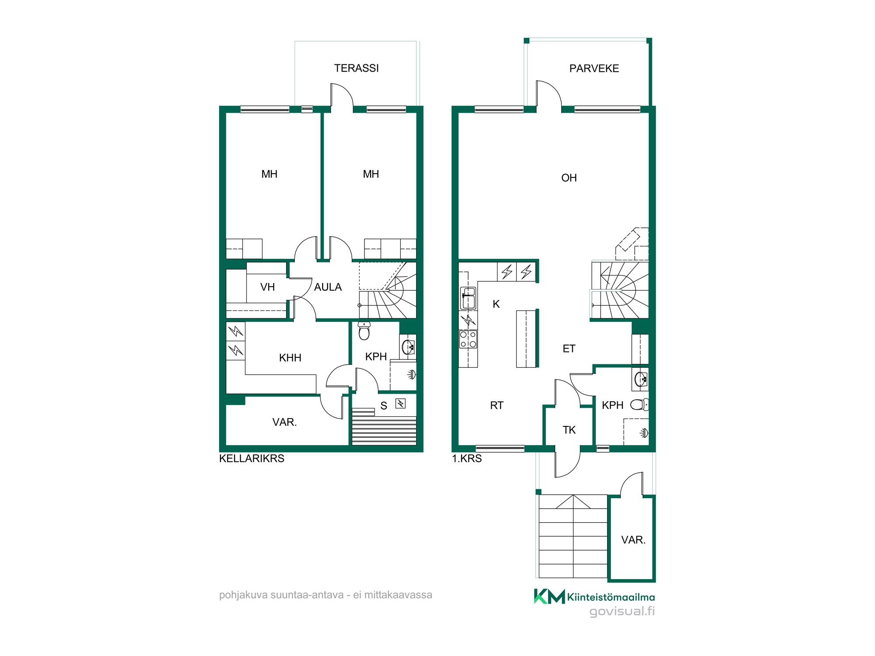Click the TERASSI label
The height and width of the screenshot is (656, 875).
[x=356, y=68]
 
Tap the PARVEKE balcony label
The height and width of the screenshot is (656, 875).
[x=594, y=69]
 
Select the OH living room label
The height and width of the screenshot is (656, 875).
[x=569, y=178]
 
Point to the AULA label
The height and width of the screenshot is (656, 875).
[x=328, y=287]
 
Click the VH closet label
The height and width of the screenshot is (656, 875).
[x=267, y=287]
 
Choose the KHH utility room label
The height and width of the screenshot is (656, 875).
[x=290, y=358]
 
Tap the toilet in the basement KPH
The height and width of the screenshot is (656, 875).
[x=364, y=331]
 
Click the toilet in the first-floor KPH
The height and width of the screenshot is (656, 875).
[x=639, y=405]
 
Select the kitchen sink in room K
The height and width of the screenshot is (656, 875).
[x=468, y=298]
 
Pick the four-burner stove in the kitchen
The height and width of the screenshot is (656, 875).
[x=468, y=339]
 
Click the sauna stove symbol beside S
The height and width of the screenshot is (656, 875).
[x=400, y=403]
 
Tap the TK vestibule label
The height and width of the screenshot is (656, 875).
[x=569, y=430]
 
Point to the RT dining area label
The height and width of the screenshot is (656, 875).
[x=497, y=405]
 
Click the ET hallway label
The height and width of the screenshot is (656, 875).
[x=569, y=349]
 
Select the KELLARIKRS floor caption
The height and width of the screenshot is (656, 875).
[x=252, y=458]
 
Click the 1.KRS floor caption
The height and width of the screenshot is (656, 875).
[x=467, y=458]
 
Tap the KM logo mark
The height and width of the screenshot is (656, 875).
[x=549, y=597]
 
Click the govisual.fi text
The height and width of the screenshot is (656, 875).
[x=622, y=611]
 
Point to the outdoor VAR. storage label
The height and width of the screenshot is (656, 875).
[x=633, y=540]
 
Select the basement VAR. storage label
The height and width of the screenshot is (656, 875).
[x=284, y=422]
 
